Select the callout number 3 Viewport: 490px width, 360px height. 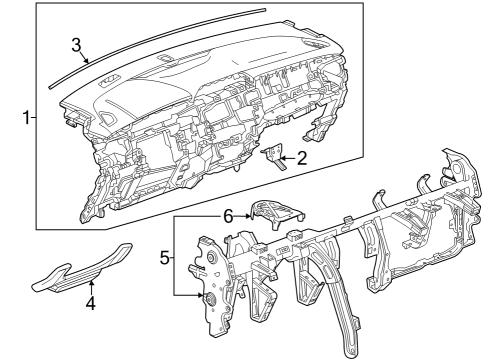pyautogui.click(x=77, y=44)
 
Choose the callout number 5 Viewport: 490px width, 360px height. pyautogui.click(x=166, y=257)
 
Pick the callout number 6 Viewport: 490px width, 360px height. pyautogui.click(x=228, y=214)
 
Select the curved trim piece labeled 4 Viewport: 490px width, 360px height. pyautogui.click(x=85, y=268)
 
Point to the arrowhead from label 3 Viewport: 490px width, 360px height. pyautogui.click(x=88, y=62)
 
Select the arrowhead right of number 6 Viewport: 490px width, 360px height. pyautogui.click(x=250, y=214)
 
